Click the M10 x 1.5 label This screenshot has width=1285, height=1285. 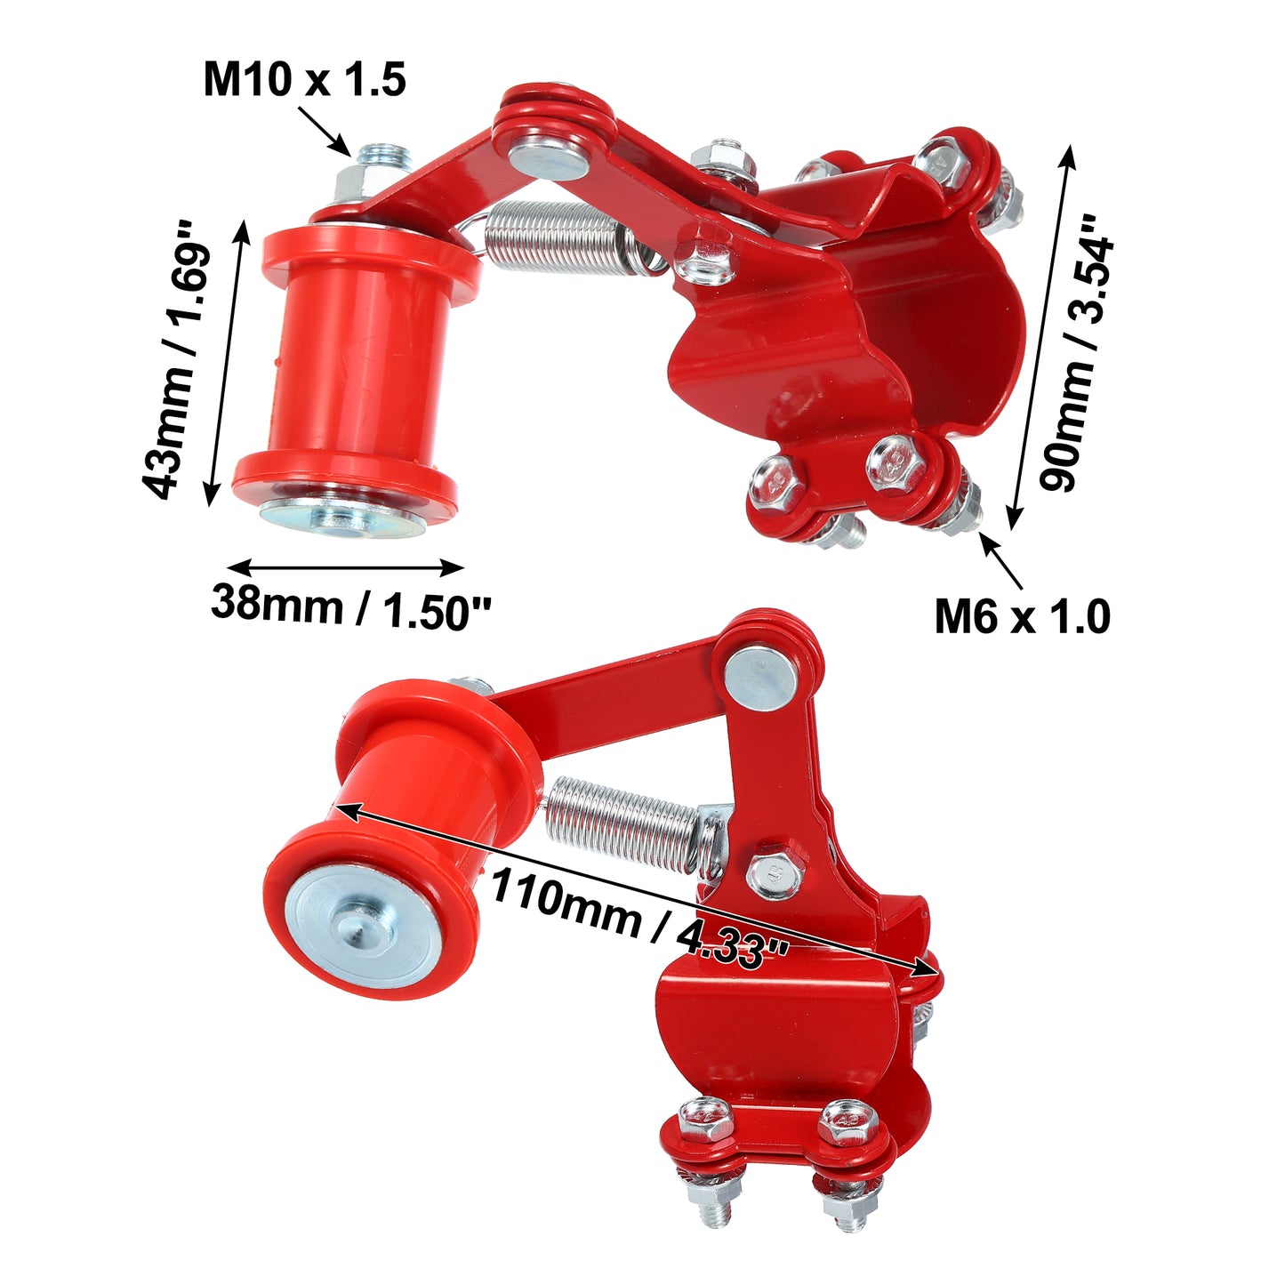coord(305,79)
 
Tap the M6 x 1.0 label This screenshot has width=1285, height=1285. coord(1023,616)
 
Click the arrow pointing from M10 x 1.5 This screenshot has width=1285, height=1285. coord(324,130)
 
